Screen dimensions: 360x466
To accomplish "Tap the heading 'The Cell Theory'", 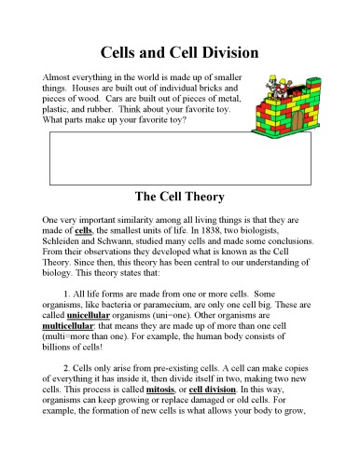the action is [x=179, y=197].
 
